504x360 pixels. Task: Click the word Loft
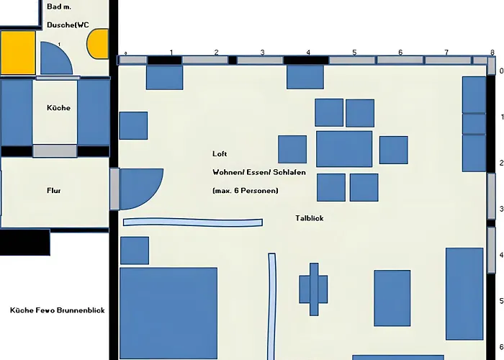(220, 153)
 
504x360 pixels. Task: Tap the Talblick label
(309, 218)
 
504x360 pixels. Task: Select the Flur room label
(54, 191)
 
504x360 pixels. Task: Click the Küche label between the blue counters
(58, 108)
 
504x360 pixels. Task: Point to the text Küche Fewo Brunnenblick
(58, 310)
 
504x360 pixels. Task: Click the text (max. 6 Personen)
(246, 191)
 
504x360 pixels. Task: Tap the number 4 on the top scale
(308, 52)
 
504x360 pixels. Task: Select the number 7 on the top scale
(446, 52)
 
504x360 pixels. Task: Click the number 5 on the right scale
(501, 301)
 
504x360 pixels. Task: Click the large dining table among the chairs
(344, 149)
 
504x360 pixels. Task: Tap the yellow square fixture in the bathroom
(18, 53)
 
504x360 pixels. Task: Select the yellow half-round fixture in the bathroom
(98, 44)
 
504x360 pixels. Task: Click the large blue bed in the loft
(168, 313)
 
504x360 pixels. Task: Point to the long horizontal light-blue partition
(193, 222)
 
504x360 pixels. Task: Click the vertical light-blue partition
(272, 306)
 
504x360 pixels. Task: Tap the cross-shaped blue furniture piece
(314, 289)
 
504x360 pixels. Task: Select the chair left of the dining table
(292, 149)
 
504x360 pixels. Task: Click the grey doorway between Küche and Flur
(55, 150)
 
